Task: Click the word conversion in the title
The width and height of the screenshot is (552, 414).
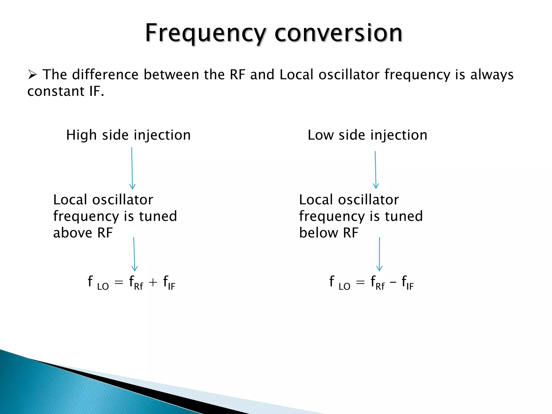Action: coord(338,33)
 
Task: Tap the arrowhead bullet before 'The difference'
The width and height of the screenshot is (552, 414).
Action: coord(32,74)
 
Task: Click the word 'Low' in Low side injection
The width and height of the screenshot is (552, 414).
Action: coord(320,135)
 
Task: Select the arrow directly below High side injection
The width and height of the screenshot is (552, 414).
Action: coord(132,168)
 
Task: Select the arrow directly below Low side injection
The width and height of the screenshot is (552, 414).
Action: coord(375,170)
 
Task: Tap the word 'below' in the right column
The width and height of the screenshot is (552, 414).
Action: coord(318,233)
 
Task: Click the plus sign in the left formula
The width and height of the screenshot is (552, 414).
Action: coord(153,282)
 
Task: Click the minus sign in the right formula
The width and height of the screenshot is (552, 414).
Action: coord(393,282)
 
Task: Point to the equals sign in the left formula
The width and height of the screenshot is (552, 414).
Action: coord(119,282)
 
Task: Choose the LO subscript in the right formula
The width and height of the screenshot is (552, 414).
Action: coord(344,286)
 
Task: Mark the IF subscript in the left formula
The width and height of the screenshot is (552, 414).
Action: coord(171,286)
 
